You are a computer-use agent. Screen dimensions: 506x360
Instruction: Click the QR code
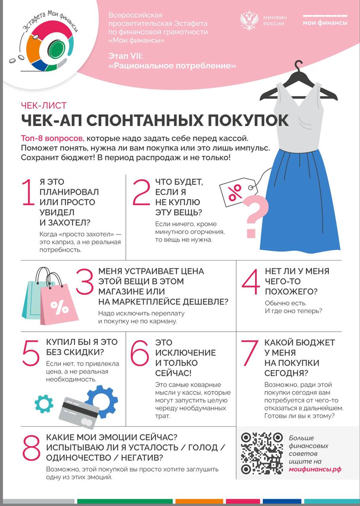coord(262,453)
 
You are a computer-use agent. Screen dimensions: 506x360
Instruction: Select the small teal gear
coord(44,403)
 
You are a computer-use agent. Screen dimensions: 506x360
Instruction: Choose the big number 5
coord(31,353)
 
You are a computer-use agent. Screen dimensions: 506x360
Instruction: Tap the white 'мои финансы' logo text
coord(325,23)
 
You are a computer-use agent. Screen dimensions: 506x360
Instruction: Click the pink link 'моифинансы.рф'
coord(315,469)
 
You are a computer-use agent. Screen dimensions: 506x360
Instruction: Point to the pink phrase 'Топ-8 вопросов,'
coord(53,138)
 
